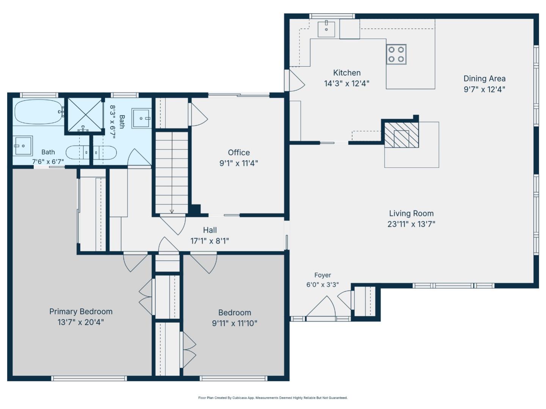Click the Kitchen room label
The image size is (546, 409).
tap(347, 73)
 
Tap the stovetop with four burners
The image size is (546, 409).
tap(396, 55)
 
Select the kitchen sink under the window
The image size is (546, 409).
tap(326, 29)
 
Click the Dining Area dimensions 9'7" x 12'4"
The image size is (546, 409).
tap(484, 89)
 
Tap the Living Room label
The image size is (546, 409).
tap(411, 213)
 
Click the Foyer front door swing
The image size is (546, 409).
tap(321, 307)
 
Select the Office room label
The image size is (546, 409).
tap(239, 152)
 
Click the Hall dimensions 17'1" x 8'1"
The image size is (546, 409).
tap(210, 241)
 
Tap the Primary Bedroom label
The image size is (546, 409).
tap(81, 311)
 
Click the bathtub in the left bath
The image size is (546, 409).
tap(38, 112)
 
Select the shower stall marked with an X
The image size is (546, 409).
tap(85, 114)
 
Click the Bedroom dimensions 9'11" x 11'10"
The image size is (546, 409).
tap(235, 323)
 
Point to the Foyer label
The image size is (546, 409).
tap(323, 275)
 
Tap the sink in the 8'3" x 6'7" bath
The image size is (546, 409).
tap(141, 118)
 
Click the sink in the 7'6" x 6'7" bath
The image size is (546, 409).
tap(23, 146)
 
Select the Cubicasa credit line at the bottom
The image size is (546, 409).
tap(273, 398)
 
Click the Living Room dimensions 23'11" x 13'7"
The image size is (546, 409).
tap(411, 224)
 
